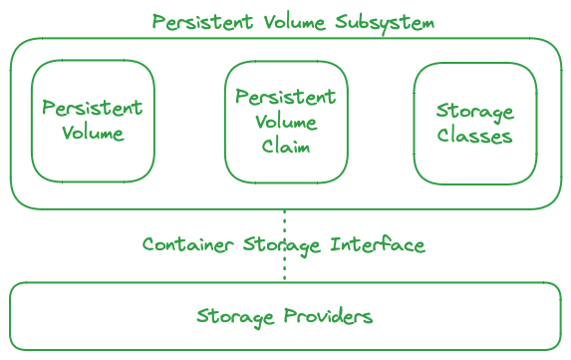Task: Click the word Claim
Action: point(286,146)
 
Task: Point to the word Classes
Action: point(474,136)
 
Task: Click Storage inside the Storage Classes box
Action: point(475,111)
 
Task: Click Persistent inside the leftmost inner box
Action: point(93,108)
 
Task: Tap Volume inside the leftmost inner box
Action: point(93,133)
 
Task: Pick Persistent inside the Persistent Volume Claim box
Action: point(286,98)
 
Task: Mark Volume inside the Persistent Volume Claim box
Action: point(286,122)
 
